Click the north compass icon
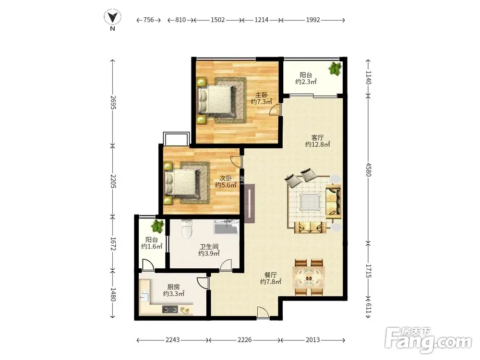click(112, 17)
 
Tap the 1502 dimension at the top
click(217, 20)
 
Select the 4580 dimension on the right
click(368, 169)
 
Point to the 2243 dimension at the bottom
click(173, 340)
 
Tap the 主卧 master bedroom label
click(262, 95)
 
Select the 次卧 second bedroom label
click(226, 179)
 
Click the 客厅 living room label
click(317, 138)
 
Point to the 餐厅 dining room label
click(271, 275)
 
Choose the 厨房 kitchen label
click(174, 287)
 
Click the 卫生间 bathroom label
click(209, 246)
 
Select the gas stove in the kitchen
click(170, 310)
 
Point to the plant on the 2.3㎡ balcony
click(336, 69)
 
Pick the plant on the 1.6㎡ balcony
click(157, 226)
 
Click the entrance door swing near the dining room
click(263, 312)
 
